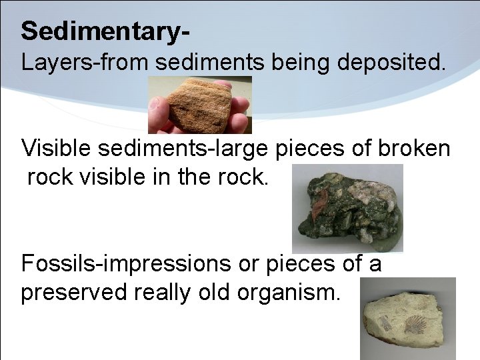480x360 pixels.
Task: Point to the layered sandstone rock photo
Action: [x=199, y=105]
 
